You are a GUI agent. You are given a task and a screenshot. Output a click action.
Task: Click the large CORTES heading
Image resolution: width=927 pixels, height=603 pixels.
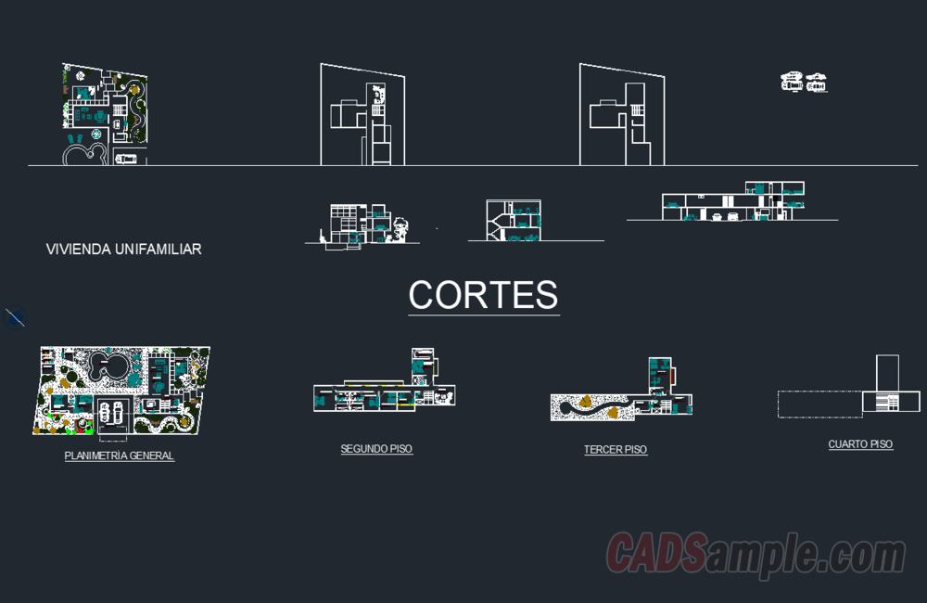(x=483, y=295)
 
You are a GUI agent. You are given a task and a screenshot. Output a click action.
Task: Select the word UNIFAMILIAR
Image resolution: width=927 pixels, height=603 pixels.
(x=159, y=250)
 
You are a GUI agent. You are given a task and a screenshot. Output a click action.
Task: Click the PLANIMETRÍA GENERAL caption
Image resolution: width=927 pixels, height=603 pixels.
(x=119, y=455)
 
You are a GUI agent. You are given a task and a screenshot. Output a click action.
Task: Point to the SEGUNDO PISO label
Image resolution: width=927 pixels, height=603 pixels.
(x=376, y=449)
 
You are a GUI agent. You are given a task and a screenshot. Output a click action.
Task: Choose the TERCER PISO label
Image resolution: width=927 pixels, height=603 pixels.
(x=616, y=449)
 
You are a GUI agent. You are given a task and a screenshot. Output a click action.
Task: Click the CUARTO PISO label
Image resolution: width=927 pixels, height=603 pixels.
(x=860, y=443)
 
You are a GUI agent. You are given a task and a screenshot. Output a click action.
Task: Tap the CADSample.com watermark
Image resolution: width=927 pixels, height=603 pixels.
(x=756, y=553)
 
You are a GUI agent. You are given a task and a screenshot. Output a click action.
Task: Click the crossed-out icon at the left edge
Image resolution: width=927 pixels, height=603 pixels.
(x=15, y=317)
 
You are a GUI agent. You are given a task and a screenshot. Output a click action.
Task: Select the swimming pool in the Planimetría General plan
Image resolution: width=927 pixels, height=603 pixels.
(x=108, y=366)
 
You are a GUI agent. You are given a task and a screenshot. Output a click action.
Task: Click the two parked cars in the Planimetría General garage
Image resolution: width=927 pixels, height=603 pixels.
(x=111, y=413)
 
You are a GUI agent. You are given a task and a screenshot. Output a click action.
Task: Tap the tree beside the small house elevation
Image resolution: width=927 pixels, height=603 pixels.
(x=400, y=229)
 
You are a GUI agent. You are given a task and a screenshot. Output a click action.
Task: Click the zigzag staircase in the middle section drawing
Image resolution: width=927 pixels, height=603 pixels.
(x=495, y=225)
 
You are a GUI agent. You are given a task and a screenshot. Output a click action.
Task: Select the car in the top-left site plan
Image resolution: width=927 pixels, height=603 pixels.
(x=126, y=159)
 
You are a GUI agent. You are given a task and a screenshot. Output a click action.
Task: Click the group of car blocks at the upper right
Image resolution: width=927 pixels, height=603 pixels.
(x=804, y=83)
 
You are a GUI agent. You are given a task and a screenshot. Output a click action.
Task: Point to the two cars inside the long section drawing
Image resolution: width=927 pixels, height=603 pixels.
(x=724, y=216)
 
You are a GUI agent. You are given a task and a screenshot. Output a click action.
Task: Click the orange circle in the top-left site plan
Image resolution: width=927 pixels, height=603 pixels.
(x=134, y=90)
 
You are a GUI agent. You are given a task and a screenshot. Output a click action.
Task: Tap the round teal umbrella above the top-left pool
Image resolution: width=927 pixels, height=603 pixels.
(x=96, y=135)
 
